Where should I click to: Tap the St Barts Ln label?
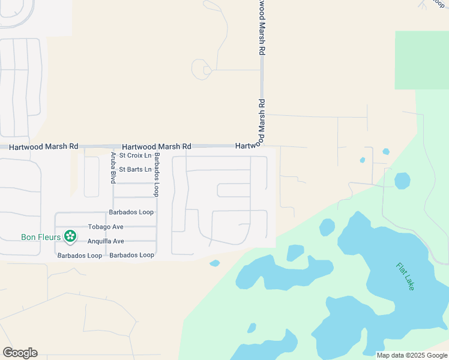tap(135, 170)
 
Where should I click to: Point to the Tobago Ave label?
tap(106, 227)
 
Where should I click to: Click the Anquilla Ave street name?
tap(106, 241)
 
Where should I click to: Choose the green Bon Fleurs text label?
tap(40, 237)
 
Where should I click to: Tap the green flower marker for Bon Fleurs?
tap(70, 236)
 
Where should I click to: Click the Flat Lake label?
tap(405, 277)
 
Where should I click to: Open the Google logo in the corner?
tap(20, 353)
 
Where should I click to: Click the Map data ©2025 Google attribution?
tap(412, 355)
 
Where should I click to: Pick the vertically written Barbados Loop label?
tap(157, 175)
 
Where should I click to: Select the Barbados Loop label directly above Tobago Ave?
tap(131, 212)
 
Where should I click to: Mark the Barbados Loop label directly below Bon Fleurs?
tap(79, 256)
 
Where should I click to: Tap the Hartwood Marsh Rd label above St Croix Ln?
tap(156, 146)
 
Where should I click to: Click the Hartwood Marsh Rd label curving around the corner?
tap(252, 145)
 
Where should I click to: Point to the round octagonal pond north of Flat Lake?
tap(402, 180)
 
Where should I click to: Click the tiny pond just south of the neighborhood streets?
tap(214, 263)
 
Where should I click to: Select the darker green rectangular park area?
tap(421, 60)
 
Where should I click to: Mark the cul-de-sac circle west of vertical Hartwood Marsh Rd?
tap(200, 70)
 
